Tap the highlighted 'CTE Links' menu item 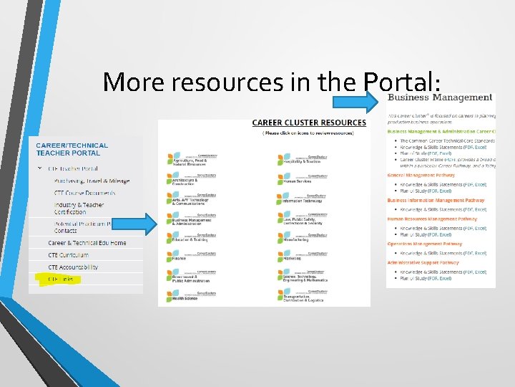[61, 279]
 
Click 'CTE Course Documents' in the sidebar [84, 193]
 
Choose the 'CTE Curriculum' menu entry [69, 255]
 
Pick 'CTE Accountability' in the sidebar [73, 267]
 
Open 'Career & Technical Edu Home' [87, 243]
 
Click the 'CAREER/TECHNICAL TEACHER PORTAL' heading [72, 149]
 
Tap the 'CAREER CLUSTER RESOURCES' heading [308, 123]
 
